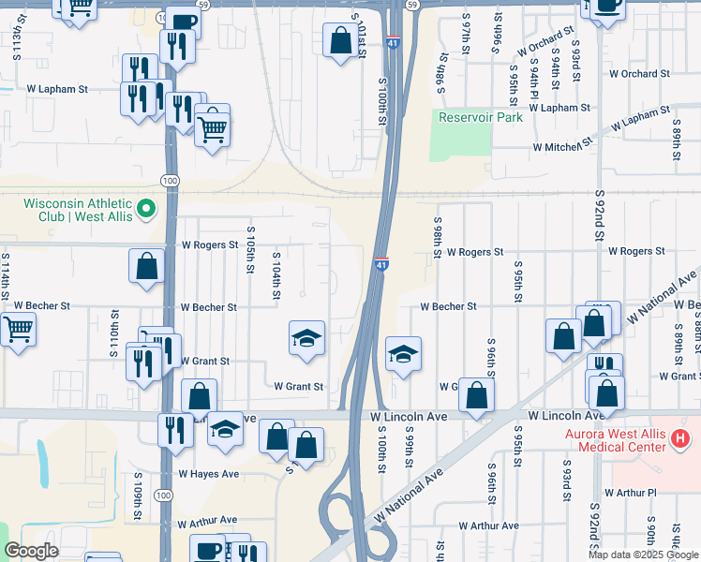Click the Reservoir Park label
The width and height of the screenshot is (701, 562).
(x=481, y=117)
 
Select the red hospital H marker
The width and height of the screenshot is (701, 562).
(x=681, y=436)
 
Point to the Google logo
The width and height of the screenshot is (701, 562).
(x=31, y=551)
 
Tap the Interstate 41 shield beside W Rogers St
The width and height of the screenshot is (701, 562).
(x=381, y=265)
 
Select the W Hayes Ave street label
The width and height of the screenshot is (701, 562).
(x=209, y=474)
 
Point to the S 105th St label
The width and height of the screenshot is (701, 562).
(x=250, y=250)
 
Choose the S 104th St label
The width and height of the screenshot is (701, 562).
(x=276, y=275)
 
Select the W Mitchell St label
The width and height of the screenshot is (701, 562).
(x=562, y=147)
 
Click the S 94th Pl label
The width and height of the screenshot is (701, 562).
(x=533, y=78)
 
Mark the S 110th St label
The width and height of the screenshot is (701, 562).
(x=114, y=331)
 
